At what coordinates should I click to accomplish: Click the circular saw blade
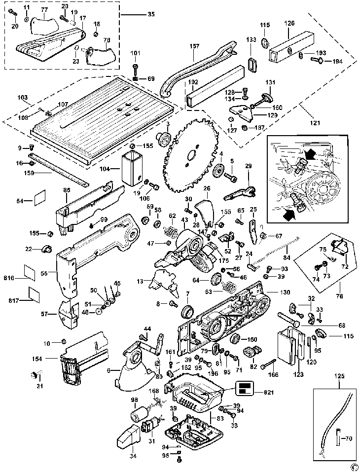pos(190,155)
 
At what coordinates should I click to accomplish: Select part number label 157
pos(194,46)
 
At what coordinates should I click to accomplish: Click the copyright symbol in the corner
pos(353,467)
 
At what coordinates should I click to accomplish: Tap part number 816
pos(9,278)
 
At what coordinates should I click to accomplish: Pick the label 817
pos(9,299)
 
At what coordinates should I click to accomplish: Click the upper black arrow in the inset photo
pos(310,154)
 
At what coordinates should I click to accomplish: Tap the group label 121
pos(314,122)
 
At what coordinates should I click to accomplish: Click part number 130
pos(286,292)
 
